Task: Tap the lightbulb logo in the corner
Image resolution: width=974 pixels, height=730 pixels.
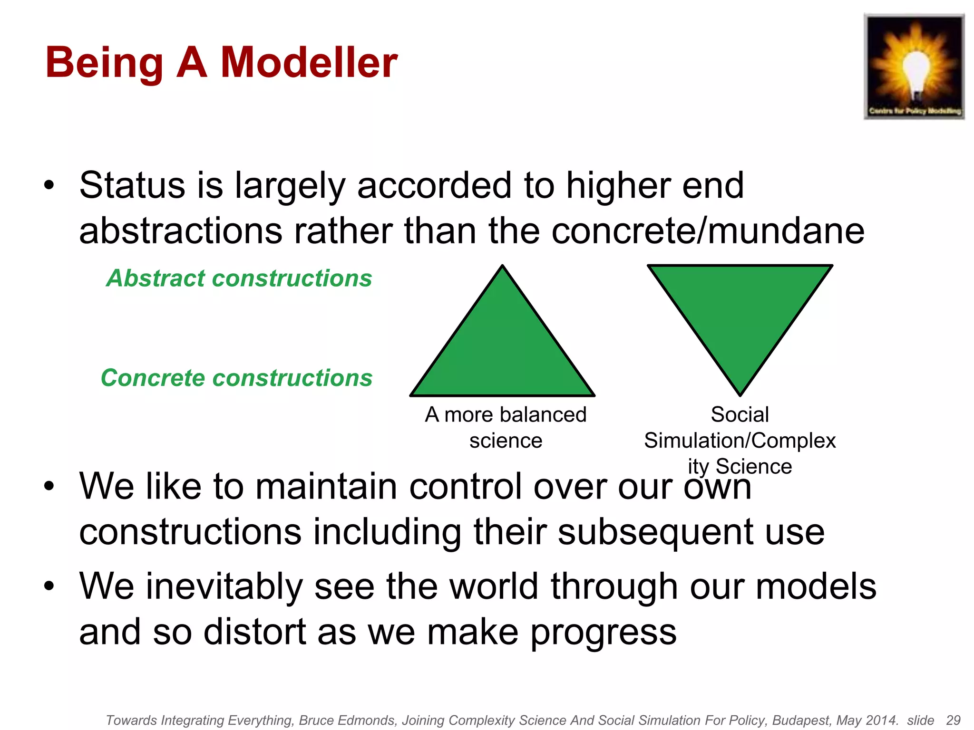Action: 914,67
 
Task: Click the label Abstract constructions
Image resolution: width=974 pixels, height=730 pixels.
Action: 239,279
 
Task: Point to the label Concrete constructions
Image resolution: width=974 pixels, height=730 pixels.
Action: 236,378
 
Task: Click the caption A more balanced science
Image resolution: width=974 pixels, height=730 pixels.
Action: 506,427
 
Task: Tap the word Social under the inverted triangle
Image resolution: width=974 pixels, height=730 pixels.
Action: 740,414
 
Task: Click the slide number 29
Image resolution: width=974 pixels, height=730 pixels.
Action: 953,720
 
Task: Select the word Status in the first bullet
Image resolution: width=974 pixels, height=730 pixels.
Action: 132,185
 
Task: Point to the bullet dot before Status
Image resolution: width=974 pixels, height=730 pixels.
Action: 49,185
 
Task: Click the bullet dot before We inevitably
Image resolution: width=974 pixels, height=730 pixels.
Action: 49,586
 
